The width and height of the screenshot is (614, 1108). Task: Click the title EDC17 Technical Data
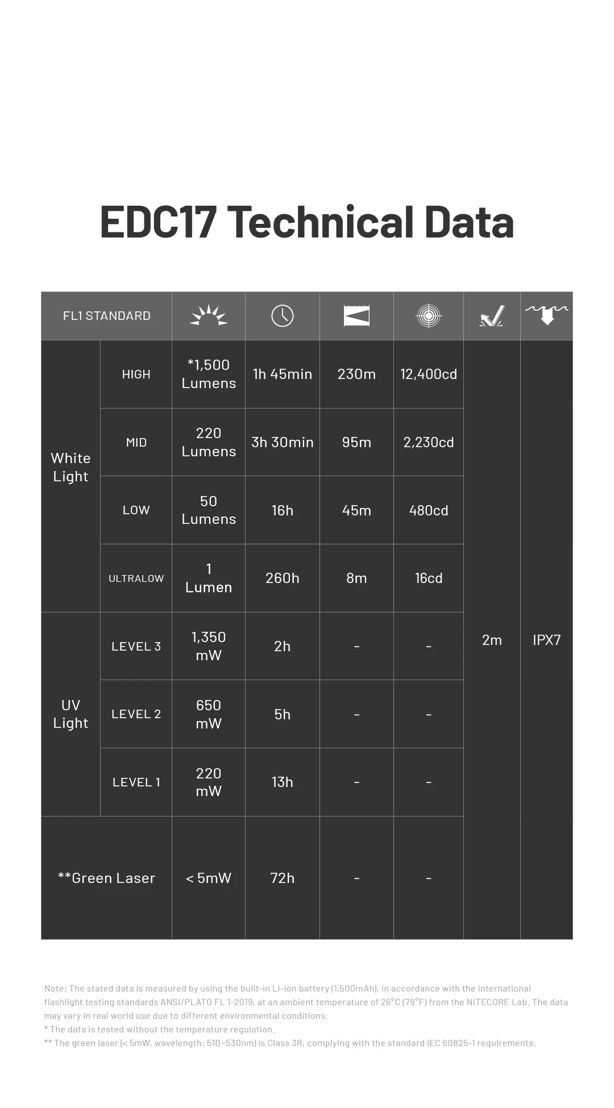307,222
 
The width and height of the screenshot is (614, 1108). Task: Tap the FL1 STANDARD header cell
106,316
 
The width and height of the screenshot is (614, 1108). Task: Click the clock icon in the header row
282,316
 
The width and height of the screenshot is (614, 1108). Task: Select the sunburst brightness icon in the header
208,316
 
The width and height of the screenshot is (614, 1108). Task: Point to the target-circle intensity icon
428,316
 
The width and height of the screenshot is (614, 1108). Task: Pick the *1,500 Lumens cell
208,374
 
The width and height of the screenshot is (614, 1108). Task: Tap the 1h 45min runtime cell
282,374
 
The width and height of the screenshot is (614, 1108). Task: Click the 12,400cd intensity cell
428,374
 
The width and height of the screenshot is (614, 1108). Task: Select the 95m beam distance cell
356,442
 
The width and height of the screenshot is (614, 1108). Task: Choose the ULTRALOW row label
136,578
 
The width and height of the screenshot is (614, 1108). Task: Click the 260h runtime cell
282,578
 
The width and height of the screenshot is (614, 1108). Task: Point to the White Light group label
70,467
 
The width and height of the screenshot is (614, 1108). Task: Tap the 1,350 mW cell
208,646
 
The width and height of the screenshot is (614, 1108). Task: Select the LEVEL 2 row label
136,714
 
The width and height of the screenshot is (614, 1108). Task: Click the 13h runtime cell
282,782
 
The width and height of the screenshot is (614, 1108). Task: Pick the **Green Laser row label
106,878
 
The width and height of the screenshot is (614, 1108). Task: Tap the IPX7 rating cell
546,640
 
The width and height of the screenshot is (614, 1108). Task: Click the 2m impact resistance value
492,640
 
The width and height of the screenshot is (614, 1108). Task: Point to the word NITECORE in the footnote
488,1002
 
